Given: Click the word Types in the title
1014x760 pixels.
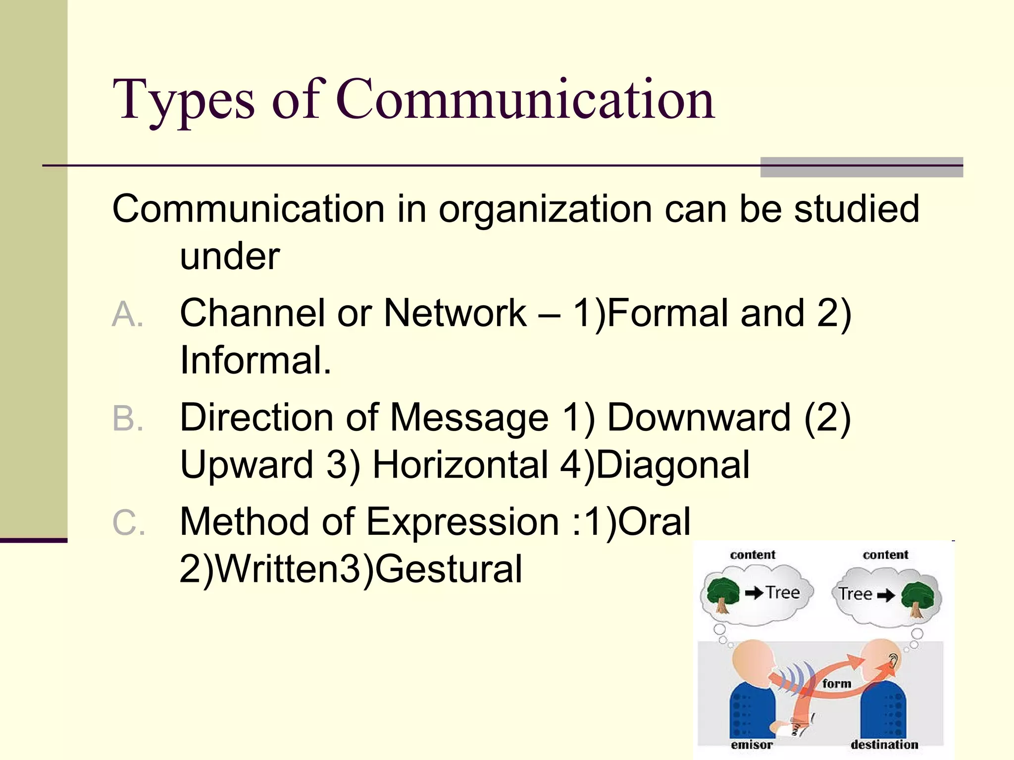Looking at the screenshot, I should (x=184, y=101).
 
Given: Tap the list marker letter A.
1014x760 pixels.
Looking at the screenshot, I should (x=127, y=314).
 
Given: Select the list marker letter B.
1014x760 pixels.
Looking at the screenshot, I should (x=127, y=419).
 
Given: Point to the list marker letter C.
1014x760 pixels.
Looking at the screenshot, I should (x=128, y=523).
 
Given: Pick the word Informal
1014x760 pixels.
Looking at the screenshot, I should (x=255, y=360).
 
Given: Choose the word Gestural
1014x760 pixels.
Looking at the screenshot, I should (x=449, y=569).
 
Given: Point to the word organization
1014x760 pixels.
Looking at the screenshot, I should (x=545, y=209).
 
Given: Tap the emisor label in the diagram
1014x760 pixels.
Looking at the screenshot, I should (x=752, y=745).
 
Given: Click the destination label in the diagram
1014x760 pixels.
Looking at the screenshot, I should (x=884, y=745).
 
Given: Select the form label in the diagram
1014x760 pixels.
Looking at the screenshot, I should (x=837, y=684).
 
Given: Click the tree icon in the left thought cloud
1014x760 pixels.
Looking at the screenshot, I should (x=723, y=594).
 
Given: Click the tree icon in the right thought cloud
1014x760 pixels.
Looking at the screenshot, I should (x=917, y=598).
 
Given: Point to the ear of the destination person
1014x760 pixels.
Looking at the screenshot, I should (x=893, y=659).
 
